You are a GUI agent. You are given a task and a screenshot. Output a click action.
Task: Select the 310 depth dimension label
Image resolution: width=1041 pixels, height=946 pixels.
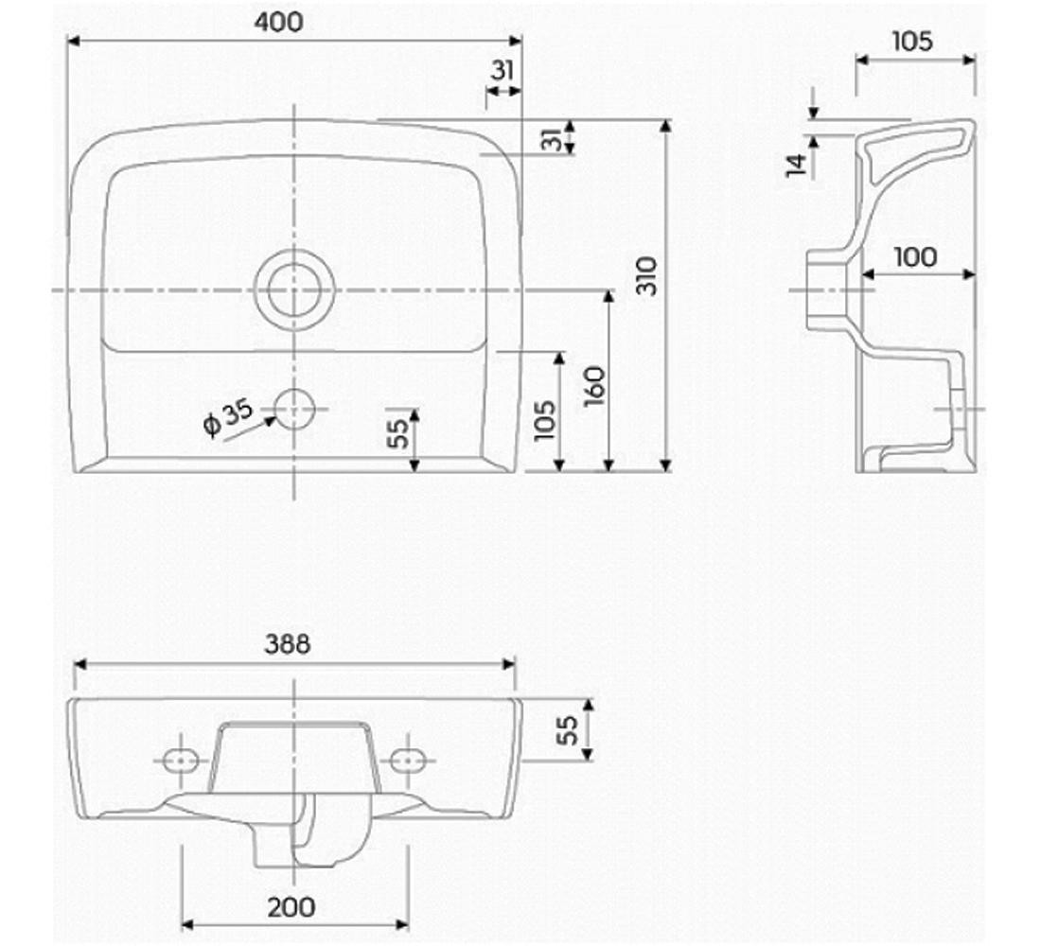point(646,275)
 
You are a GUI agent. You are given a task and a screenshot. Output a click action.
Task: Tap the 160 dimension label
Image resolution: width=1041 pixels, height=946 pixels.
point(595,386)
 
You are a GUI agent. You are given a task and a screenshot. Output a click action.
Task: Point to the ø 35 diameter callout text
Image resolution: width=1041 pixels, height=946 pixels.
point(228,417)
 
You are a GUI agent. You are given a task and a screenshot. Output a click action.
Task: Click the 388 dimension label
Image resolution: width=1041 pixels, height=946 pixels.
point(288,643)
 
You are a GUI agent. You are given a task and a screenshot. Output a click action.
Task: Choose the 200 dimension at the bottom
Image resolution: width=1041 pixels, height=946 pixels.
point(291,906)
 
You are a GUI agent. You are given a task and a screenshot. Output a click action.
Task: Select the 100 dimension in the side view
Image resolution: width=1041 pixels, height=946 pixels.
point(915,256)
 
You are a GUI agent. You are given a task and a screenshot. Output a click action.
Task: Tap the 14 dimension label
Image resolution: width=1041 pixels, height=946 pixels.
point(797,164)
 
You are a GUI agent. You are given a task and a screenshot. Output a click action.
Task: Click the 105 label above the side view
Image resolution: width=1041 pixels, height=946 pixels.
point(911,41)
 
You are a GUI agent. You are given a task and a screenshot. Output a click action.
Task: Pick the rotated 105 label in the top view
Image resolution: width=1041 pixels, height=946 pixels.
point(544,420)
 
